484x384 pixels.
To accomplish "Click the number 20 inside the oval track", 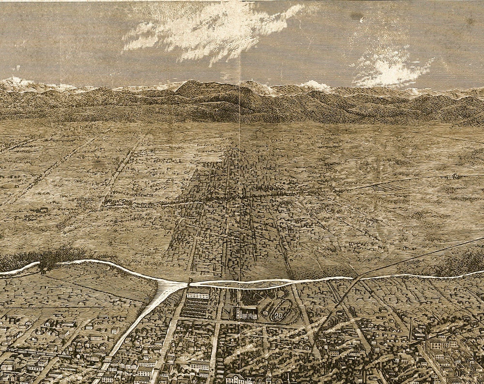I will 278,315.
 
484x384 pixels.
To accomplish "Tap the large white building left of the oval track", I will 246,314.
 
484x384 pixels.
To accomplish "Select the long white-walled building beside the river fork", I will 198,294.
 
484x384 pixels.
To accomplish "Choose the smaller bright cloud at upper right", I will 390,70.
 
